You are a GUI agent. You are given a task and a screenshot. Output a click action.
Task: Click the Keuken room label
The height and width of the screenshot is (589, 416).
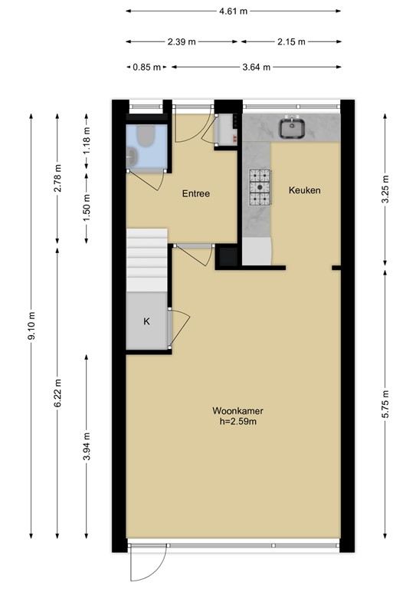tap(304, 190)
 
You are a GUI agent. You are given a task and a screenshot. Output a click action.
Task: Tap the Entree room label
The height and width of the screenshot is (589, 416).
tap(195, 194)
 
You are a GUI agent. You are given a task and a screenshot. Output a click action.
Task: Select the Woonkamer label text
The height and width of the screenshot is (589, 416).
tap(234, 411)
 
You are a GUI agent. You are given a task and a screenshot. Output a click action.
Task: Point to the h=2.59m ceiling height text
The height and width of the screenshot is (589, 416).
tap(234, 422)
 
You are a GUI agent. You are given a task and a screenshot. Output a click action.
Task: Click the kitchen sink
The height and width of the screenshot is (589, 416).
tap(292, 128)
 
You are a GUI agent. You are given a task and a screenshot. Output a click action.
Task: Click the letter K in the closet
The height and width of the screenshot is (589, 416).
tap(146, 321)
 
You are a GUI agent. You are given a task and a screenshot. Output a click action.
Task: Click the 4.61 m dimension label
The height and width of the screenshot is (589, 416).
tap(234, 12)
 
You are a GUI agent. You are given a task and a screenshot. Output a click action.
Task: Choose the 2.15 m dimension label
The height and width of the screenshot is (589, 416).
tap(290, 41)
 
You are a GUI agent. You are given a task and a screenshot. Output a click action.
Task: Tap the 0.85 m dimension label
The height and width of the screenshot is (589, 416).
tap(146, 67)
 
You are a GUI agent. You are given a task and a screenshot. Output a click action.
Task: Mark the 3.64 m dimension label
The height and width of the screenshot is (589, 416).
tap(256, 67)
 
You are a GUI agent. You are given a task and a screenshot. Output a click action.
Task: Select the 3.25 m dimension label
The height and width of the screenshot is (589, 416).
tap(385, 189)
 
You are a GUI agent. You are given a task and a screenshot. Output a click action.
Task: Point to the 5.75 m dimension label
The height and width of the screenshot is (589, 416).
tap(385, 403)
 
